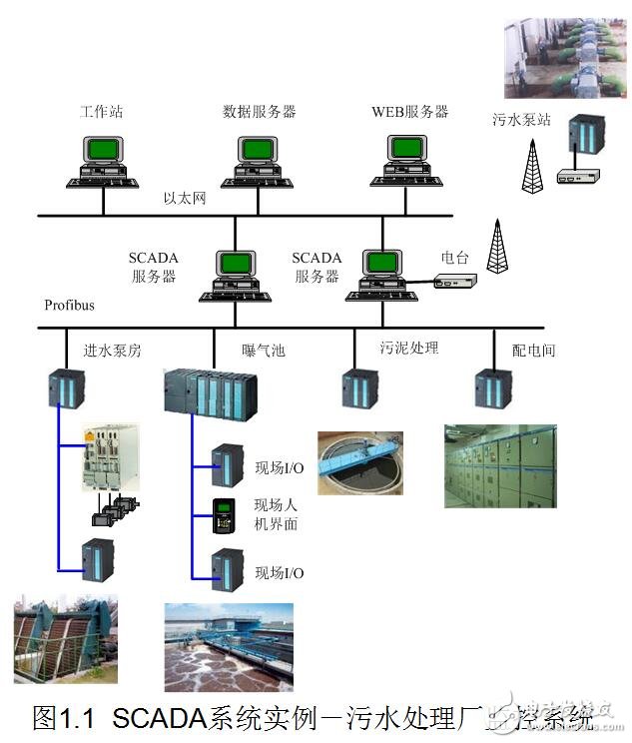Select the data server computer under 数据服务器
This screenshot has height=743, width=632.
click(x=258, y=163)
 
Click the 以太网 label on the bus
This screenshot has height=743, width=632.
click(x=184, y=200)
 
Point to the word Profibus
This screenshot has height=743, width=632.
click(x=69, y=304)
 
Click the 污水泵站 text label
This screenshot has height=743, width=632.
click(x=521, y=119)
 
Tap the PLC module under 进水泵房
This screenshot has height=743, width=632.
click(x=67, y=387)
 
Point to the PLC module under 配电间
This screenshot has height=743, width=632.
click(x=492, y=388)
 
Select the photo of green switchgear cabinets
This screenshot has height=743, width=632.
click(x=500, y=465)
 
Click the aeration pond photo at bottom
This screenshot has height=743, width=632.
click(x=229, y=646)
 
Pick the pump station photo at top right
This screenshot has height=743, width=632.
click(x=565, y=59)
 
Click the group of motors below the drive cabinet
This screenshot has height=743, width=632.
click(x=112, y=505)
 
